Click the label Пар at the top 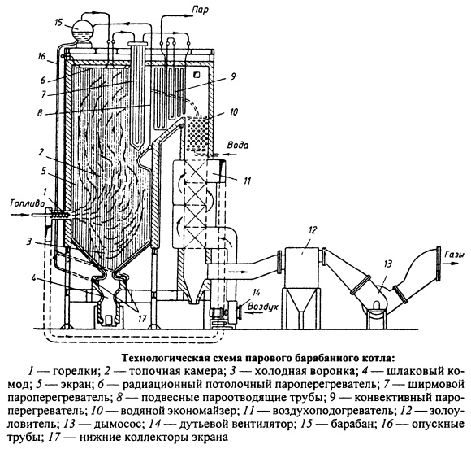(x=200, y=11)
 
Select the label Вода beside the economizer (x=238, y=146)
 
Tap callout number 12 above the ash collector (x=312, y=230)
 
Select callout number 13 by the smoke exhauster (x=387, y=264)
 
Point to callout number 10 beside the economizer (x=233, y=112)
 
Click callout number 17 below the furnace (x=142, y=318)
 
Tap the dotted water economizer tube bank (x=197, y=133)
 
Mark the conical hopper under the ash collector (x=301, y=301)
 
